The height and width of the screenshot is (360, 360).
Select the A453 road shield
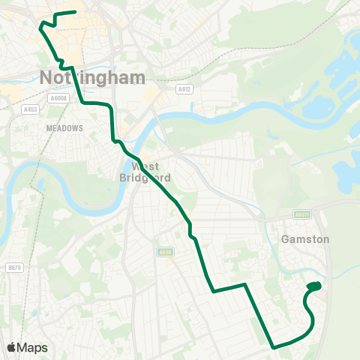pyautogui.click(x=30, y=109)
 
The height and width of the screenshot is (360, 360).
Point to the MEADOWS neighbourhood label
pyautogui.click(x=64, y=128)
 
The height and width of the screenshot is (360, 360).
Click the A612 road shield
pyautogui.click(x=184, y=88)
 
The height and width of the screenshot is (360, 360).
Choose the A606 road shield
pyautogui.click(x=165, y=251)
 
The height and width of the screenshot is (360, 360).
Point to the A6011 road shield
pyautogui.click(x=302, y=214)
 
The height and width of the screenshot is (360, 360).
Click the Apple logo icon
pyautogui.click(x=12, y=347)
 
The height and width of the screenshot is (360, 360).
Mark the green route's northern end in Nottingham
pyautogui.click(x=76, y=12)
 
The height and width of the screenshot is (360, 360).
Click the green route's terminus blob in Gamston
pyautogui.click(x=315, y=286)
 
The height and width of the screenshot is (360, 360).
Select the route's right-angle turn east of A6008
pyautogui.click(x=82, y=102)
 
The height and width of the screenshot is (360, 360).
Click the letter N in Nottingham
pyautogui.click(x=46, y=77)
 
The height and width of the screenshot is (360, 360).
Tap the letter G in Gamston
pyautogui.click(x=284, y=239)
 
